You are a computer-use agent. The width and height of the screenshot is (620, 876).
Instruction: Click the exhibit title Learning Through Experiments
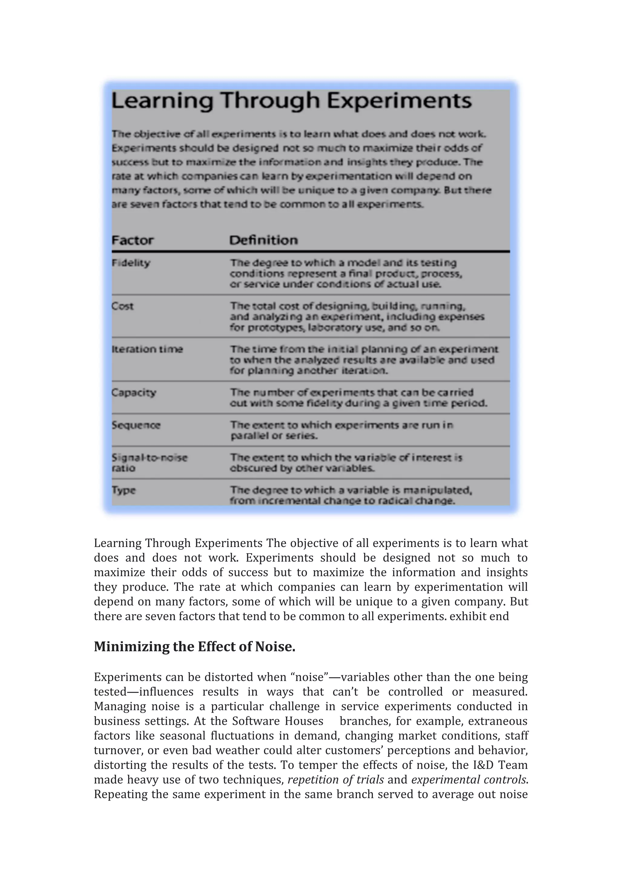pyautogui.click(x=291, y=101)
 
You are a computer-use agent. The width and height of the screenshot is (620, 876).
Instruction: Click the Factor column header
pyautogui.click(x=133, y=240)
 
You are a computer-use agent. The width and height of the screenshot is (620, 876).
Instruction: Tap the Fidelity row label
pyautogui.click(x=131, y=263)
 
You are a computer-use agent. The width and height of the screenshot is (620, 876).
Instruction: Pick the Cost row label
pyautogui.click(x=123, y=306)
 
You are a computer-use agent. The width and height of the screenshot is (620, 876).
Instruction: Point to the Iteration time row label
pyautogui.click(x=147, y=349)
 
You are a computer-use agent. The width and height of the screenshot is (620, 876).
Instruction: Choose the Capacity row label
pyautogui.click(x=134, y=393)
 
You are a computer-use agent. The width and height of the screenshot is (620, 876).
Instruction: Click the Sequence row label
pyautogui.click(x=136, y=425)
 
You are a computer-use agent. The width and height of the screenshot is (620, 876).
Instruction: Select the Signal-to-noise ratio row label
pyautogui.click(x=149, y=463)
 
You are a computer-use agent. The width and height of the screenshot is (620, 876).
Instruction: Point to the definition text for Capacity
pyautogui.click(x=358, y=398)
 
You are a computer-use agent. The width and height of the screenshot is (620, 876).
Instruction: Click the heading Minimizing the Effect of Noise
pyautogui.click(x=195, y=647)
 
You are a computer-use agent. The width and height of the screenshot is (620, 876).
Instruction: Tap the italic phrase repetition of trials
pyautogui.click(x=335, y=780)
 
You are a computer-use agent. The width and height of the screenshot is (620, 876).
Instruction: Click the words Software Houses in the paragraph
pyautogui.click(x=278, y=721)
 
